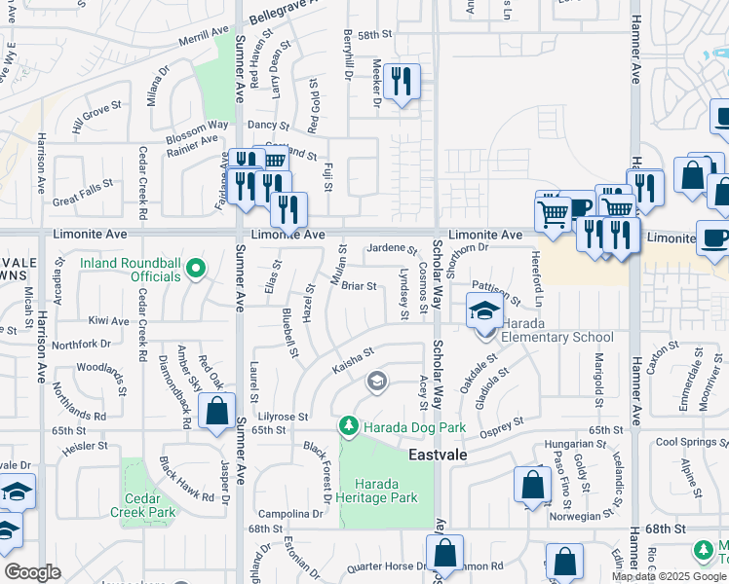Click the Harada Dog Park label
click(x=415, y=428)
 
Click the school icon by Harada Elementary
click(x=484, y=312)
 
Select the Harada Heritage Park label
click(x=386, y=491)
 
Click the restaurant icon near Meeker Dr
click(x=401, y=82)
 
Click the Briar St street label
click(x=359, y=286)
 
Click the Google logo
click(x=32, y=572)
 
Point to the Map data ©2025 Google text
click(x=669, y=576)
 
